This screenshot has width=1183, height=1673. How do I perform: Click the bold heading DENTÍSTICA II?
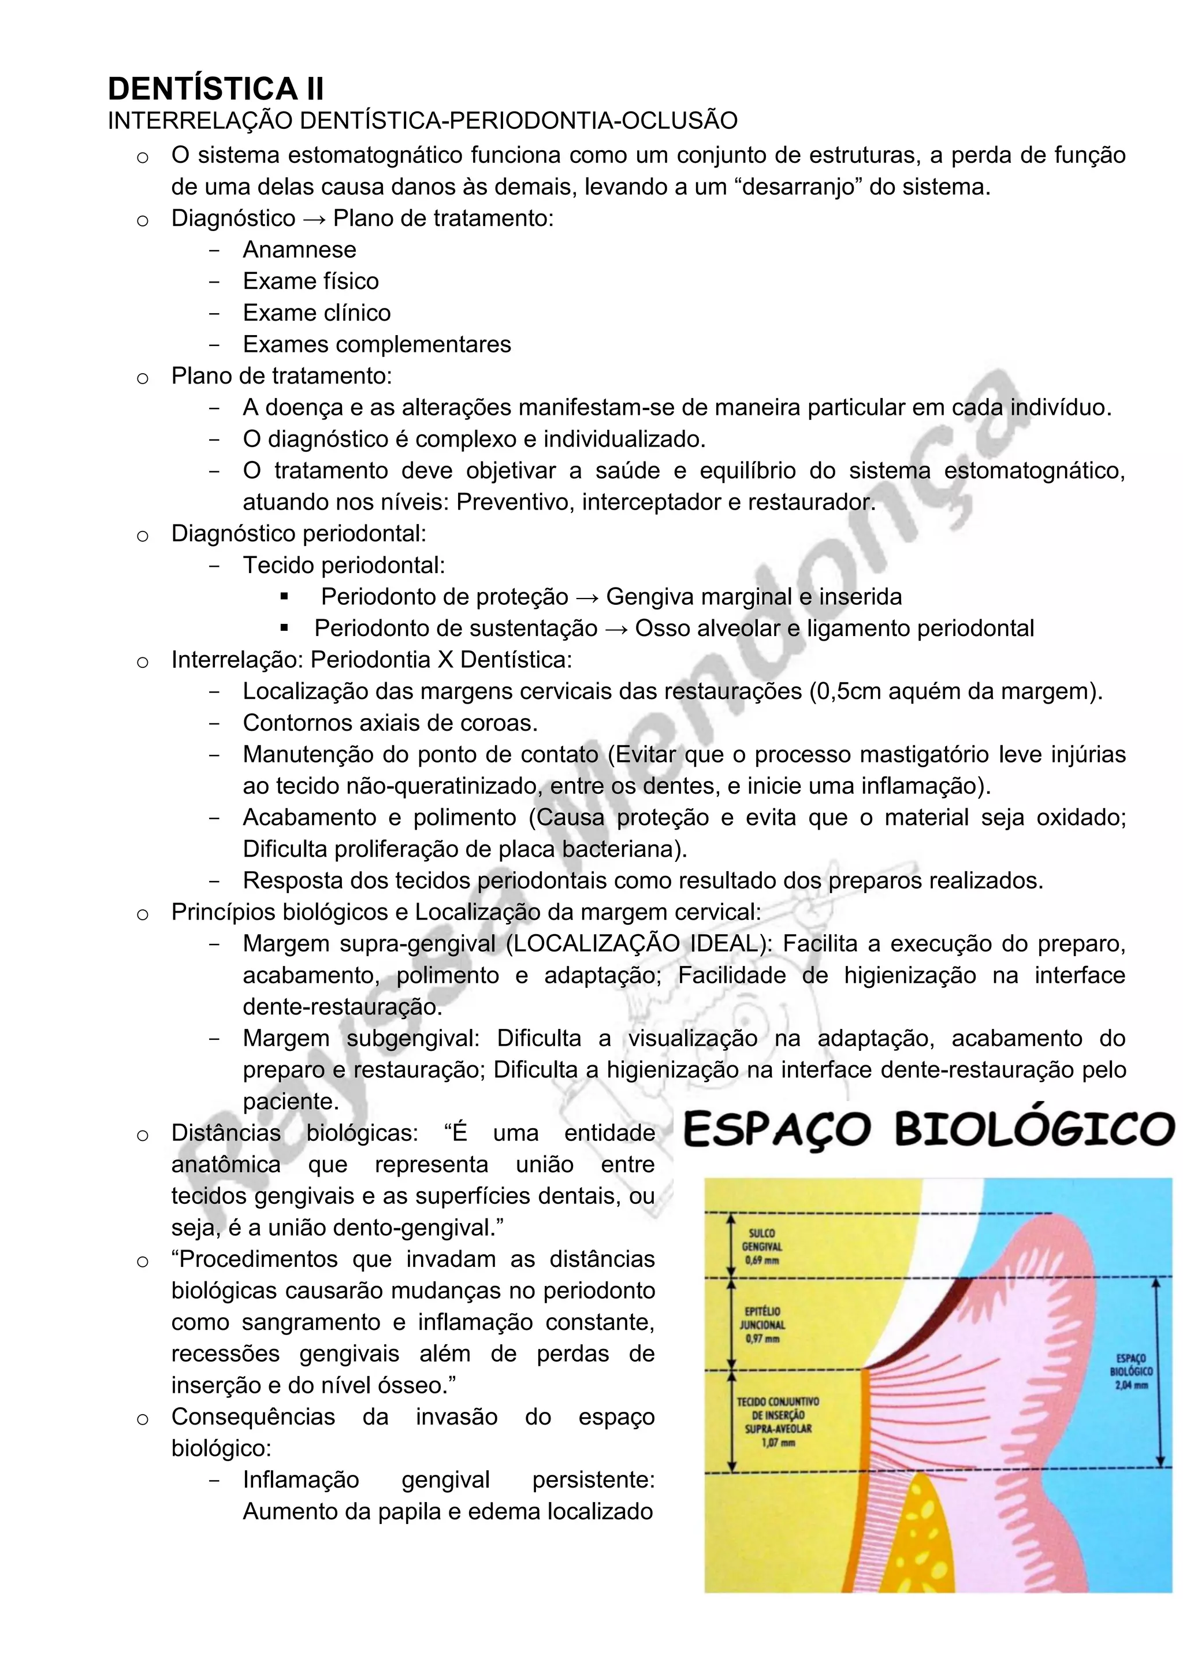(x=215, y=89)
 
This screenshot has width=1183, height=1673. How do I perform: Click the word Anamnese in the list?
(x=299, y=250)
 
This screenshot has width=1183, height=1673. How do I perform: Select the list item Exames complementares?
(x=377, y=344)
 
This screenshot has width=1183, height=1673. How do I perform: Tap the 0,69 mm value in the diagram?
(x=762, y=1261)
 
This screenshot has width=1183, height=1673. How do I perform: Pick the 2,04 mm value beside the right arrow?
(x=1131, y=1385)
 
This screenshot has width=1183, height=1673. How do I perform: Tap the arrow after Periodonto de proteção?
(x=586, y=597)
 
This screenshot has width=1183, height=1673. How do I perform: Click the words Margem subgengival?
(x=361, y=1038)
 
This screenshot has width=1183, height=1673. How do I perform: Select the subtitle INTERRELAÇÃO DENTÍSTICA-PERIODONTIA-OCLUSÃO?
(x=422, y=121)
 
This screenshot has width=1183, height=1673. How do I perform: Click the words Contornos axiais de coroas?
(x=390, y=723)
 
